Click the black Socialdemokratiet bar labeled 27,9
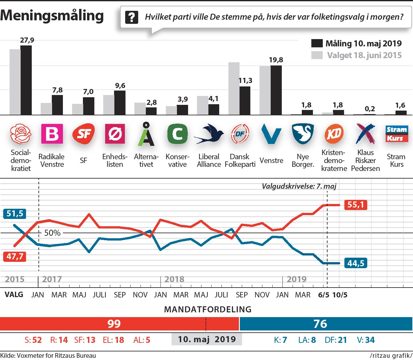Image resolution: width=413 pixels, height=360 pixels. (x=26, y=80)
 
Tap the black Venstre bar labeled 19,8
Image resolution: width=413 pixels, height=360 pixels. (x=276, y=90)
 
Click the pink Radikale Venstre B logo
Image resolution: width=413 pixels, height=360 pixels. (x=52, y=134)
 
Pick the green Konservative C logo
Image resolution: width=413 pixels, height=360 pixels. (x=177, y=134)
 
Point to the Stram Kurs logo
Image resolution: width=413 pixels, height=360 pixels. (x=396, y=134)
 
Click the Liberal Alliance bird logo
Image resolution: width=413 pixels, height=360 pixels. (x=209, y=134)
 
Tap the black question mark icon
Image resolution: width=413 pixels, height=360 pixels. (x=132, y=17)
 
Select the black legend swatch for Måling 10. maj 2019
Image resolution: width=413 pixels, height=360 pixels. (x=317, y=43)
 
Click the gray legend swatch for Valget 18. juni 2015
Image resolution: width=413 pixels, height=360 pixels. (x=317, y=55)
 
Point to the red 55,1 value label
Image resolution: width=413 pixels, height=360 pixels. (x=355, y=205)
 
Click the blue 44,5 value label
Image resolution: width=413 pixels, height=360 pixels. (x=355, y=263)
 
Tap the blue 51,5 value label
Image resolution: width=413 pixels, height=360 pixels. (x=15, y=214)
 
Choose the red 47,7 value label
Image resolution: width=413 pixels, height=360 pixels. (x=15, y=256)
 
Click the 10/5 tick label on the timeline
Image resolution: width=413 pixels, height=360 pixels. (x=340, y=295)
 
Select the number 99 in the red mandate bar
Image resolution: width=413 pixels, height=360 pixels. (x=114, y=324)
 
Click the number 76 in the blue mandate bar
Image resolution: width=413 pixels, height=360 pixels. (x=320, y=324)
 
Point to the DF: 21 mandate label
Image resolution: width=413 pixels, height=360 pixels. (x=336, y=340)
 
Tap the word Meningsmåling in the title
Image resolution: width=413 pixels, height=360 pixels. (x=52, y=15)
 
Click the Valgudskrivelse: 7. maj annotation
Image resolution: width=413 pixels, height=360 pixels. (x=299, y=186)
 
